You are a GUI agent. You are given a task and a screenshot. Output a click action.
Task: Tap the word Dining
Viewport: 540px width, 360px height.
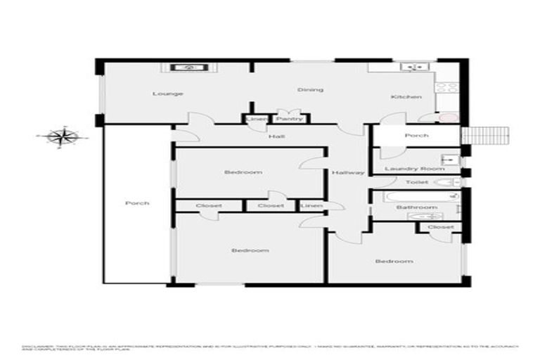point(310,89)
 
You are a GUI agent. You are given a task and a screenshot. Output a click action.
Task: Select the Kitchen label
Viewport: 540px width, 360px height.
point(406,96)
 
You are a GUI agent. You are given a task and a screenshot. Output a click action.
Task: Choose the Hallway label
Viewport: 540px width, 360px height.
point(348,173)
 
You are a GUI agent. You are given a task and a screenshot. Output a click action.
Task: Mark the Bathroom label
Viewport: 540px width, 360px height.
point(416,207)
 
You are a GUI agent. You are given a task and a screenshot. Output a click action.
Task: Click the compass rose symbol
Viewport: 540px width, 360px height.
point(63,136)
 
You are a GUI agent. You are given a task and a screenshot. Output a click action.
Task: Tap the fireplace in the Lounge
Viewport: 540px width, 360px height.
point(188,67)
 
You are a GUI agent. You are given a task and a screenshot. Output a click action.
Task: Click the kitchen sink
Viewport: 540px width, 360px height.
point(410,67)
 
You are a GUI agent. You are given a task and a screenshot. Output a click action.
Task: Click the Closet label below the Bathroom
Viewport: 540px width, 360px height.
point(440,227)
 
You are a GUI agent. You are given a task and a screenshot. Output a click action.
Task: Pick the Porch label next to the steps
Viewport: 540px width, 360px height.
point(416,135)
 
